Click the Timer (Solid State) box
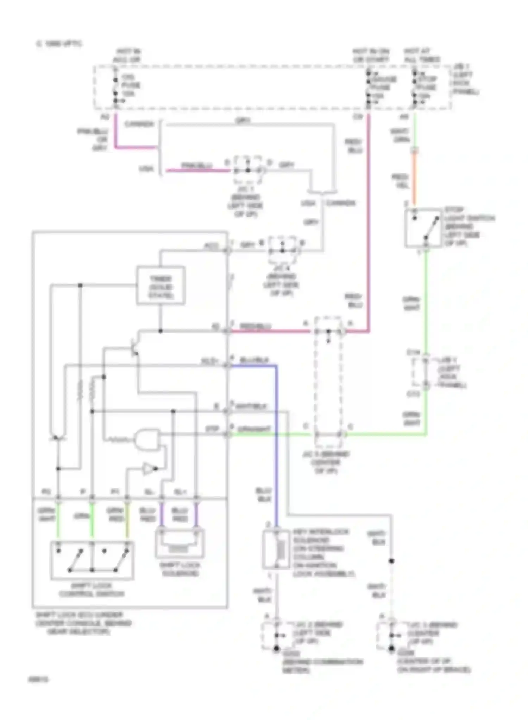(161, 285)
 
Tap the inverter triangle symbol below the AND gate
(149, 469)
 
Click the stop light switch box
(423, 228)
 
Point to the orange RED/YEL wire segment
(414, 179)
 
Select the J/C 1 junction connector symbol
(248, 170)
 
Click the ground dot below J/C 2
(277, 648)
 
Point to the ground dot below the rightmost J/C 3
(391, 648)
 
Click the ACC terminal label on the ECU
(211, 246)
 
